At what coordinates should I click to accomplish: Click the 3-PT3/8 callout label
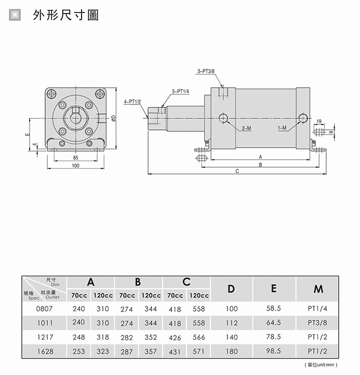[206, 71]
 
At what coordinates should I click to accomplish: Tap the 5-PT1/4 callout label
[180, 91]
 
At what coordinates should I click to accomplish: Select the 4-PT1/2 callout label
[132, 102]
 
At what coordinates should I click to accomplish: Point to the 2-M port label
[246, 128]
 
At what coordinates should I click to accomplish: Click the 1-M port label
[282, 128]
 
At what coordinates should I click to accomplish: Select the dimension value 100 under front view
[75, 166]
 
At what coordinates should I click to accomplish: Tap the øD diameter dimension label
[113, 118]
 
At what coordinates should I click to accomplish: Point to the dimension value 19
[318, 121]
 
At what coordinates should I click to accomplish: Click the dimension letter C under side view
[237, 171]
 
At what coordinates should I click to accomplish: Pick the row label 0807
[45, 309]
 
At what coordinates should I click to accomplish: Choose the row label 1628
[45, 352]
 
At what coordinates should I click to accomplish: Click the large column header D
[231, 289]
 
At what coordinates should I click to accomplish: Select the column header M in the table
[318, 289]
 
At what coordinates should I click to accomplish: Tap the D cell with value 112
[231, 323]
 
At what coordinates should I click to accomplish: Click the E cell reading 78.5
[273, 337]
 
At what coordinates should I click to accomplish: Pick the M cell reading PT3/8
[318, 323]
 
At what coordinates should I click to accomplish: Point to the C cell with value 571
[198, 352]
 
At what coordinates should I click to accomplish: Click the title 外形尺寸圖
[65, 15]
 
